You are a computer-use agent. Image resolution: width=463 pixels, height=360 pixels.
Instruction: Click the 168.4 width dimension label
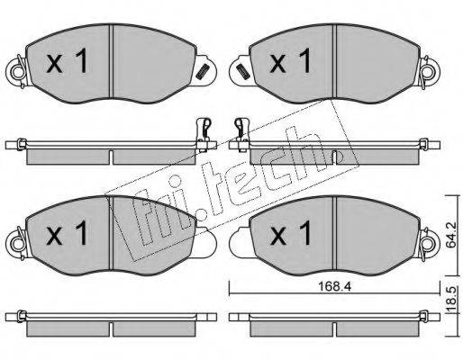pos(334,287)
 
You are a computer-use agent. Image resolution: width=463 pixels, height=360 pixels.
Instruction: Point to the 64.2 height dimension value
pos(450,235)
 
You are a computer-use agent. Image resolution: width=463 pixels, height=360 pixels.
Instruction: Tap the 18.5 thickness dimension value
pos(452,299)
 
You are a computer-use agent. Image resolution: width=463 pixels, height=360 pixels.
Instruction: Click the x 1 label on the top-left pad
pos(67,61)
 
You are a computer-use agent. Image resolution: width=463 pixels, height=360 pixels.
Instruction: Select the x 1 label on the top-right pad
pos(290,61)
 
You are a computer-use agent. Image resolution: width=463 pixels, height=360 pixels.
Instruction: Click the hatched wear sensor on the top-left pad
pos(202,72)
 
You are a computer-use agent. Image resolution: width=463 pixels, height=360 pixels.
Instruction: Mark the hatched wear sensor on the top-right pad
pos(242,72)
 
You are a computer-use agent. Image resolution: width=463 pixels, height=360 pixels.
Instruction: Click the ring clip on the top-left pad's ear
pos(17,71)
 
